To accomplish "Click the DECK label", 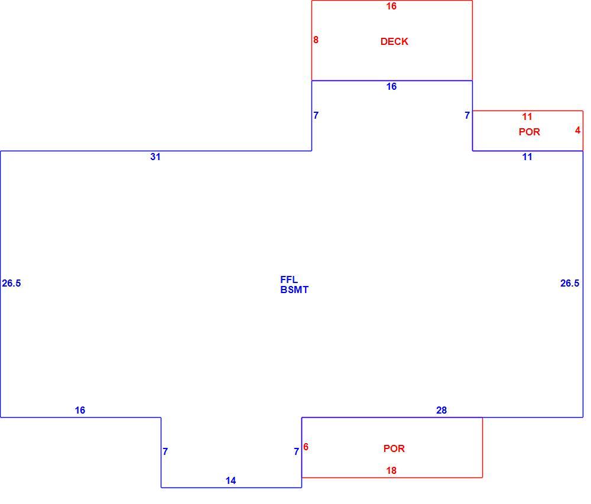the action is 394,41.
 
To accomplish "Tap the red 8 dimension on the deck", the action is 316,40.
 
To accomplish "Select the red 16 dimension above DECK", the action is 391,6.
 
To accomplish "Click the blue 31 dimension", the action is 155,157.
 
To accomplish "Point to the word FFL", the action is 289,279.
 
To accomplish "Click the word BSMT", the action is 294,290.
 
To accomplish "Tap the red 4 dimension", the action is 578,131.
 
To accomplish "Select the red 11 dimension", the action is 527,117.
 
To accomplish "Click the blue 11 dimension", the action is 527,157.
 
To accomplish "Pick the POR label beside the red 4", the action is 529,132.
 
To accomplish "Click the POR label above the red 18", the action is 394,448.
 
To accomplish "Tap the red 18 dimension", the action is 391,470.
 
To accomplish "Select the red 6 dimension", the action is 306,447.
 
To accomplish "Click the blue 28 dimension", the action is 441,410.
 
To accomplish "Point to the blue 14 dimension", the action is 230,480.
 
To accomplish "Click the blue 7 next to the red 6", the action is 297,451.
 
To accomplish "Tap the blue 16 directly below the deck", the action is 391,87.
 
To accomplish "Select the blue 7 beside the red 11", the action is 467,115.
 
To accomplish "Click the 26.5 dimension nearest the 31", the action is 11,283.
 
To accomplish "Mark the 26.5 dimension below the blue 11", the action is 570,283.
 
